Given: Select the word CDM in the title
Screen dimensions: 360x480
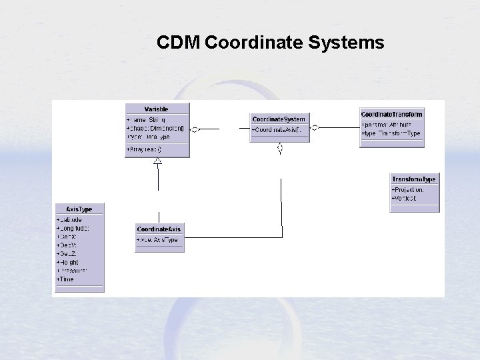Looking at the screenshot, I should [179, 43].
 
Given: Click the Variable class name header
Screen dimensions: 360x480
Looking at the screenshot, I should [157, 109].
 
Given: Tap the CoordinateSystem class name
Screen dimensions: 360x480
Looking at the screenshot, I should [279, 119].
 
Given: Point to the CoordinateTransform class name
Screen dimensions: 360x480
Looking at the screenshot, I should [391, 114].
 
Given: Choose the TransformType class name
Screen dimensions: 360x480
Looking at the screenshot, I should [414, 179].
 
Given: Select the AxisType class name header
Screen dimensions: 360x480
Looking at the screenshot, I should [79, 209].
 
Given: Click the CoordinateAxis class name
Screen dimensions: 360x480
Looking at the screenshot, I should [159, 229].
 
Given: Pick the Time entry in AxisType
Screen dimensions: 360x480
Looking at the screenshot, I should [66, 279].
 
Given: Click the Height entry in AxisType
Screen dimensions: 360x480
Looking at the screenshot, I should [68, 263].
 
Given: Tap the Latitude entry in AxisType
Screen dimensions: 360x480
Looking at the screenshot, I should [70, 219].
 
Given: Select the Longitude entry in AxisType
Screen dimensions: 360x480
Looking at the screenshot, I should [73, 228].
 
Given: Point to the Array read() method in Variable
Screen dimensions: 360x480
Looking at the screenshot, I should [147, 149].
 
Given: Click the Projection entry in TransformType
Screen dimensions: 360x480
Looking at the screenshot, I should [408, 189].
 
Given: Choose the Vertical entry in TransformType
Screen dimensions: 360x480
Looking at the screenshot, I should [405, 198].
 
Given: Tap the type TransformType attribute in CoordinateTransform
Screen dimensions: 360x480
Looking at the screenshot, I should [391, 133].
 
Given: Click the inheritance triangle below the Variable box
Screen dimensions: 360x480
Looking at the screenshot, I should [158, 161].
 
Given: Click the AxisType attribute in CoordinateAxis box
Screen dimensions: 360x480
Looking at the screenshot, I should [157, 240].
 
